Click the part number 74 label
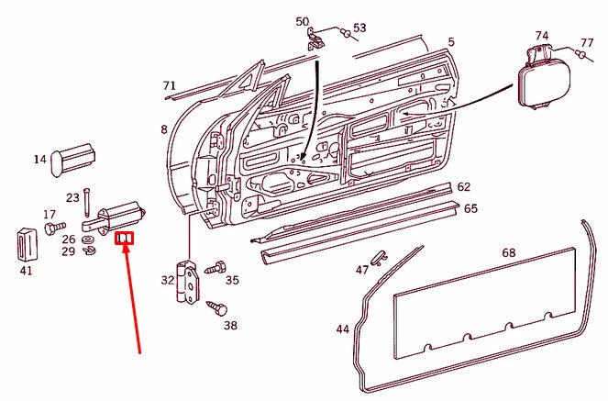pyautogui.click(x=542, y=36)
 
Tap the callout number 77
pyautogui.click(x=587, y=43)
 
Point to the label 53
pyautogui.click(x=359, y=28)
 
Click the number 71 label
pyautogui.click(x=169, y=86)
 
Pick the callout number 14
pyautogui.click(x=40, y=160)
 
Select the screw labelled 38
pyautogui.click(x=216, y=307)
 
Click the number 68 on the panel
pyautogui.click(x=509, y=252)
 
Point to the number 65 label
pyautogui.click(x=470, y=208)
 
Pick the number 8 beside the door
pyautogui.click(x=164, y=130)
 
